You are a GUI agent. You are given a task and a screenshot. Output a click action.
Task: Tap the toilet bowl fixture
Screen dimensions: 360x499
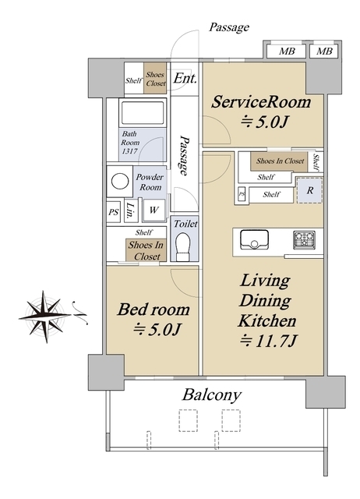click(x=183, y=246)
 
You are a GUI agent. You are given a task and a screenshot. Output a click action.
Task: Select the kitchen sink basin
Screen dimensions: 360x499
click(x=254, y=239)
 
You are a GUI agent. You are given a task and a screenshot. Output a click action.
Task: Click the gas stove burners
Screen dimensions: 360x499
click(x=304, y=240)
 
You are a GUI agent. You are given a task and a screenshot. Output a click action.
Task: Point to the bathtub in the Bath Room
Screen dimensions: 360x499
click(x=143, y=113)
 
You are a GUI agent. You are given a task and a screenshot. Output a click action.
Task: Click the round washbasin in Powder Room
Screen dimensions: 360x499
click(x=120, y=182)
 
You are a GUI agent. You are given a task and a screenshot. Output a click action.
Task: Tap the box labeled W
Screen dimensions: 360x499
click(x=154, y=210)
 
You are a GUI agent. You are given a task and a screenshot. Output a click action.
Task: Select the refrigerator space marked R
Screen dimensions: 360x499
click(x=310, y=190)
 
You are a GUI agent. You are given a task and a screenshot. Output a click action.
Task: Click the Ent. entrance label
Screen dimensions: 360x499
click(x=185, y=78)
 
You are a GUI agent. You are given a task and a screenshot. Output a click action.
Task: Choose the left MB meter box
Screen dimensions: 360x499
click(x=286, y=51)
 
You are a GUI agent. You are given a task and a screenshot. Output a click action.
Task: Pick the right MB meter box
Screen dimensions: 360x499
click(x=323, y=51)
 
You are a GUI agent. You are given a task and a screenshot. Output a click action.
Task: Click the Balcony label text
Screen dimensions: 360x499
click(x=212, y=395)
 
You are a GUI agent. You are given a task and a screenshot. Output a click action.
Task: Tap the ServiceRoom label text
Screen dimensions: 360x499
click(x=261, y=102)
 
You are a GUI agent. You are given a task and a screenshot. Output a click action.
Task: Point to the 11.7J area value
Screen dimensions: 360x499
click(x=268, y=341)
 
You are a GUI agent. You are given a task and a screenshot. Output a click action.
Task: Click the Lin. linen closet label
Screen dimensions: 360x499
click(x=130, y=210)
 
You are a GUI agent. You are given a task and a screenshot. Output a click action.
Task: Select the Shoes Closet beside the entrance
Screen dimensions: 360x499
click(x=155, y=79)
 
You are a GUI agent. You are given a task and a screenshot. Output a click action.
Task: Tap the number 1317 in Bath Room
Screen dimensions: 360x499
click(x=130, y=150)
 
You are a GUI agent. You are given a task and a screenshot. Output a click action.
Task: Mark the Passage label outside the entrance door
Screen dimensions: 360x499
click(x=228, y=27)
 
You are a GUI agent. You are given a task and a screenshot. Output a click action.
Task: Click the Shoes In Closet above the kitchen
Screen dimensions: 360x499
click(x=280, y=161)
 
